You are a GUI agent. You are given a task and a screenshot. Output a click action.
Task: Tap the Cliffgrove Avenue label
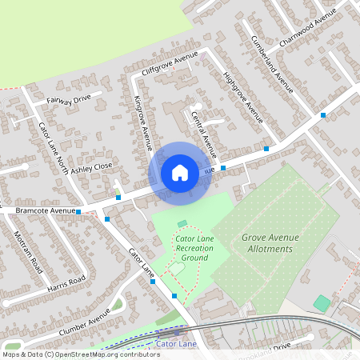(x=169, y=64)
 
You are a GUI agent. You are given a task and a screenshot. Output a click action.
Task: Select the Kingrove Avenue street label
(x=142, y=122)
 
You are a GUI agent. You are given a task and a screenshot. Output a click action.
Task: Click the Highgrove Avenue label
(x=242, y=98)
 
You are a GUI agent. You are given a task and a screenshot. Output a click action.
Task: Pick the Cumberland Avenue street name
(x=272, y=65)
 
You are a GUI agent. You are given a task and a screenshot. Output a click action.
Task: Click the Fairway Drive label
(x=69, y=100)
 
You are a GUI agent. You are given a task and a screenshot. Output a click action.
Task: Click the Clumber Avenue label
(x=83, y=322)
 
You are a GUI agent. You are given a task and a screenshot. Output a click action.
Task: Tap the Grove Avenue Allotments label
(x=267, y=243)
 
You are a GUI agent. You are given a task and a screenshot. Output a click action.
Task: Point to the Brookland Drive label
(x=269, y=348)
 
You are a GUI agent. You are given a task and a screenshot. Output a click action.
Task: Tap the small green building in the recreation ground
(x=182, y=222)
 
